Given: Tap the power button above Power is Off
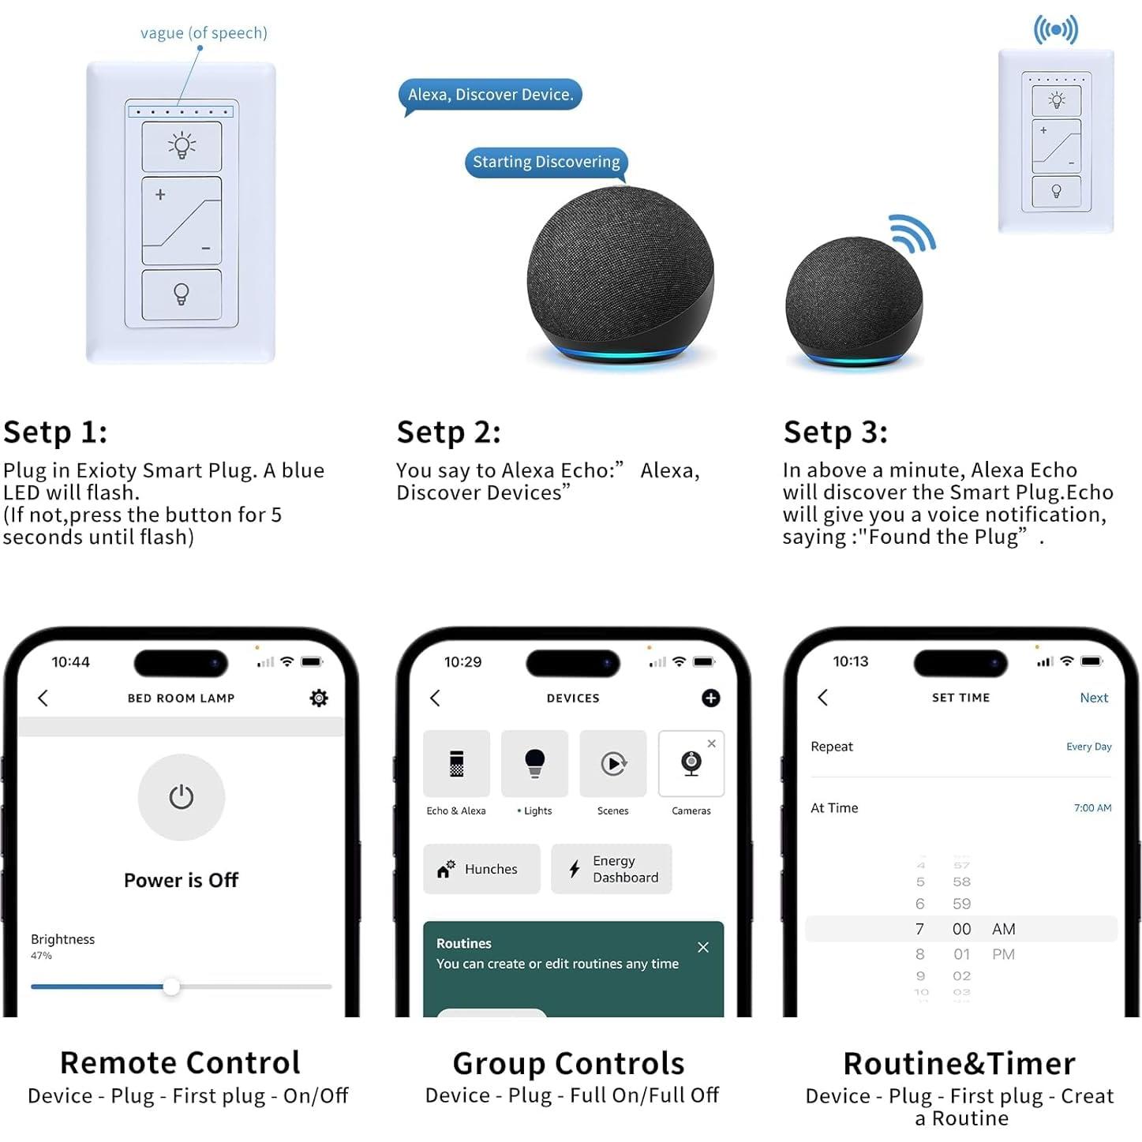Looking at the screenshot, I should tap(181, 797).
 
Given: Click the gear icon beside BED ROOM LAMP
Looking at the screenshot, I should tap(319, 698).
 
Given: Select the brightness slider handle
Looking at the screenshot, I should tap(171, 987).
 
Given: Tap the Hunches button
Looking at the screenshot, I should tap(481, 869).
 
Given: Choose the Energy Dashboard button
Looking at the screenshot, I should tap(611, 869).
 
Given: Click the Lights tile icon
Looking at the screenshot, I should tap(535, 763).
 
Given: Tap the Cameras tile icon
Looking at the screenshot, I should tap(691, 763).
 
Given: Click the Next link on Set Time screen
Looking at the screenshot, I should tap(1094, 698).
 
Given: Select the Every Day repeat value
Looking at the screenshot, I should tap(1088, 747).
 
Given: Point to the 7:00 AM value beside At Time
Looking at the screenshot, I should tap(1092, 808).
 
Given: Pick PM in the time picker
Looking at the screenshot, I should tap(1003, 954).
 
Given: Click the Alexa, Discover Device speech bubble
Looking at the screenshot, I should tap(490, 95).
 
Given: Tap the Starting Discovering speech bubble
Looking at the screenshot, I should tap(546, 162).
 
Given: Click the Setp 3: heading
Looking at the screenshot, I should tap(835, 432).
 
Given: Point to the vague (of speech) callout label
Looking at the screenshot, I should tap(204, 33).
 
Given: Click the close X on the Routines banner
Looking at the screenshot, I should tap(703, 947).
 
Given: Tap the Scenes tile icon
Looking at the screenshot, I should tap(613, 763).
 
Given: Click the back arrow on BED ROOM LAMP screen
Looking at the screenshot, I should tap(43, 698).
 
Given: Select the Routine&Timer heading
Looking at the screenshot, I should tap(959, 1064).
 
